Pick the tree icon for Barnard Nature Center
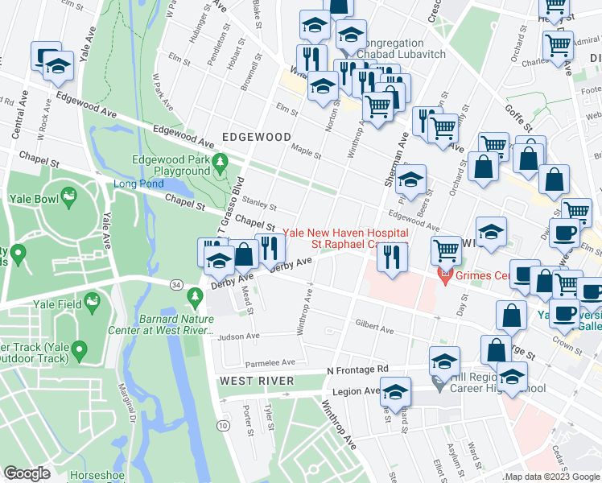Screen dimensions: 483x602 (x=194, y=299)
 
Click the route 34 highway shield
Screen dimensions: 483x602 (x=175, y=283)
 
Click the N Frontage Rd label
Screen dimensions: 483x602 (x=357, y=369)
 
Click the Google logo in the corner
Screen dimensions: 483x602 (x=27, y=473)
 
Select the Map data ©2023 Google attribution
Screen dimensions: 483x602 (x=551, y=477)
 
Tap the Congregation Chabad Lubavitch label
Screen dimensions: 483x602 (x=391, y=48)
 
